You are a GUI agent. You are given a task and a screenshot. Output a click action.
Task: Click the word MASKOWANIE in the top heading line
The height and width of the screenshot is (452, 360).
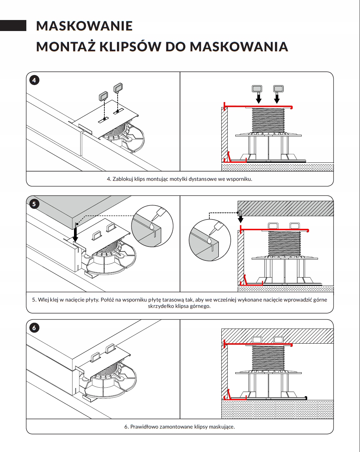[84, 26]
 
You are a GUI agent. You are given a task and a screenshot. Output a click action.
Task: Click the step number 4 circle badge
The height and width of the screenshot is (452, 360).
[34, 80]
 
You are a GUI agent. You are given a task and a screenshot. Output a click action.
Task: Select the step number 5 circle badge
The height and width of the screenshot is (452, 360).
[34, 204]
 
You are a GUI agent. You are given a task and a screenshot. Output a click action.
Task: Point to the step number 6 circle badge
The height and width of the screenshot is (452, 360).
[34, 328]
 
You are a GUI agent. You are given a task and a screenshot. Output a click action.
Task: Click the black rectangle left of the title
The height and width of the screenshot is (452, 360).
[13, 26]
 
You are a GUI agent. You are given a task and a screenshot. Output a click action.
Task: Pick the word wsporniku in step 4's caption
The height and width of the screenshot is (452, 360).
[239, 179]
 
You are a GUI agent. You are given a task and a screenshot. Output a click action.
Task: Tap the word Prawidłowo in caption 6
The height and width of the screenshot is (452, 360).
[144, 427]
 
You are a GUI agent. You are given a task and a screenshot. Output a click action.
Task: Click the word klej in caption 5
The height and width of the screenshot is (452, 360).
[54, 300]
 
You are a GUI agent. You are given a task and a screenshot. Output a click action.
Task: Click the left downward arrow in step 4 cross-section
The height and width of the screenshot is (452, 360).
[258, 99]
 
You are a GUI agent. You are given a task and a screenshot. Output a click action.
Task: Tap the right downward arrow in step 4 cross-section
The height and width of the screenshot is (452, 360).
[277, 99]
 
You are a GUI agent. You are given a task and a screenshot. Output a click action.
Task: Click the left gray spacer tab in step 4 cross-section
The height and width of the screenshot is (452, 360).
[257, 89]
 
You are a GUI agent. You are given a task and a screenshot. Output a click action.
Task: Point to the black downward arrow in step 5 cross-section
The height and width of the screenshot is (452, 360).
[240, 218]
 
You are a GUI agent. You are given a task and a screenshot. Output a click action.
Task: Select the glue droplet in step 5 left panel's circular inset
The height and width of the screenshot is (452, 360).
[152, 226]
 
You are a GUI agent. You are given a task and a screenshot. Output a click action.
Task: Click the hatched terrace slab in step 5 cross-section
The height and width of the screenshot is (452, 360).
[285, 208]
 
